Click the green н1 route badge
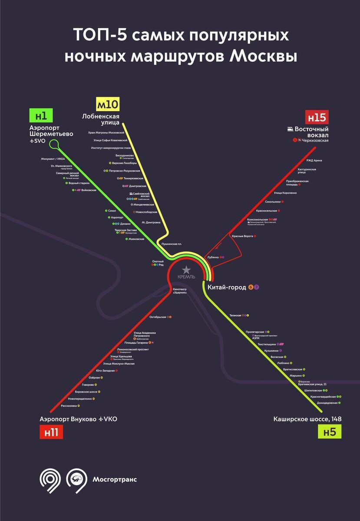click(x=41, y=116)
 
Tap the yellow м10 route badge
click(x=107, y=105)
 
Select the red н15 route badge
click(x=316, y=117)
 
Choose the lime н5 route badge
click(x=330, y=432)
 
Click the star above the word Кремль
click(x=186, y=270)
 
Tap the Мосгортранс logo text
click(x=115, y=479)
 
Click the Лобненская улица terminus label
click(x=101, y=119)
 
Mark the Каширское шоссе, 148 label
click(x=307, y=419)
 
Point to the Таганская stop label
click(x=236, y=315)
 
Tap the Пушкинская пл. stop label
click(x=172, y=244)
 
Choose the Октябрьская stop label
click(x=158, y=317)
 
